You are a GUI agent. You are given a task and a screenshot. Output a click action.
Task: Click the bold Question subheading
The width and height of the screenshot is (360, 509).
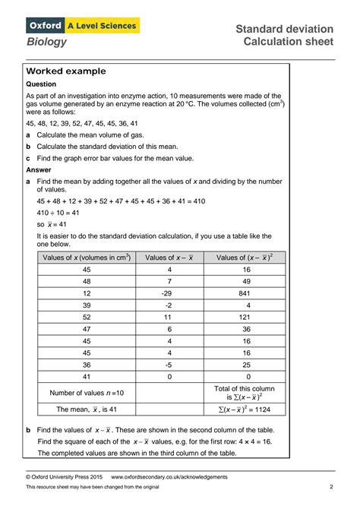(x=43, y=84)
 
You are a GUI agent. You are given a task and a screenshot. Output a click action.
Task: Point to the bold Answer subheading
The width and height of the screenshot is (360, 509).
(x=40, y=170)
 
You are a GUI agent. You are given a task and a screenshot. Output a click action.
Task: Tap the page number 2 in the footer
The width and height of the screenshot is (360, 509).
(x=331, y=486)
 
